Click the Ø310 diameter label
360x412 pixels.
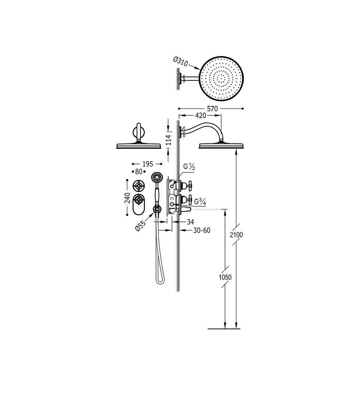180,62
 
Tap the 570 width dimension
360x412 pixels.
212,109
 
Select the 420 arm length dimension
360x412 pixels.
200,116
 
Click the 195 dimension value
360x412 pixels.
148,164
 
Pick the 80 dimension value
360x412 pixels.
139,172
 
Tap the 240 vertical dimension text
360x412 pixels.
127,198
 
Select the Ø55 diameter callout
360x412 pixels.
140,226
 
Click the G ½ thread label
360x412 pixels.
189,167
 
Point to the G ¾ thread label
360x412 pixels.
200,201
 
